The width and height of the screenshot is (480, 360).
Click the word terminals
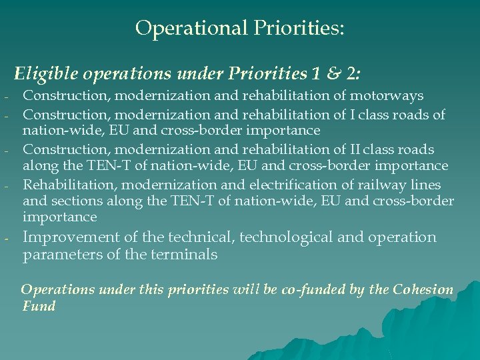[x=184, y=255]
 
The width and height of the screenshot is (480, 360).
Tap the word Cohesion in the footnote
[x=423, y=290]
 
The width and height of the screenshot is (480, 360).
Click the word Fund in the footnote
[x=38, y=307]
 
